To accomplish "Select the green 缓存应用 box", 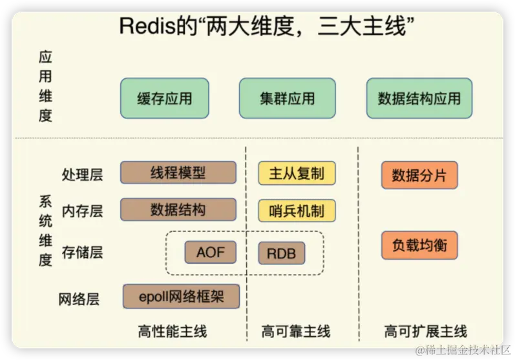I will [x=165, y=98].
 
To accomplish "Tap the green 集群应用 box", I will [x=287, y=98].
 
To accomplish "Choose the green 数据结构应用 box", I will [x=419, y=98].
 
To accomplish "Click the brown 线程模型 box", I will [x=178, y=173].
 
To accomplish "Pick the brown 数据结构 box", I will [x=178, y=210].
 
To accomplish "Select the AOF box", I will [x=211, y=251].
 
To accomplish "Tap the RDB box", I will [x=281, y=253].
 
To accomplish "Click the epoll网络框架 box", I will [x=181, y=297].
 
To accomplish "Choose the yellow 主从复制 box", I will [x=297, y=173].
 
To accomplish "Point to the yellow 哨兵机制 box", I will [x=297, y=211].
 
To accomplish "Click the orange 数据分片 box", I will [x=419, y=175].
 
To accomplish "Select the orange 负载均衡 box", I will [x=419, y=246].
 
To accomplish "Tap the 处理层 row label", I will [x=82, y=174].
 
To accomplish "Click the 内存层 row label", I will [x=82, y=211].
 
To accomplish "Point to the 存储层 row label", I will [x=82, y=252].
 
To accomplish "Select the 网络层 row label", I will [x=79, y=299].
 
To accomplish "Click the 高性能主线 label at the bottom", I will [x=173, y=332].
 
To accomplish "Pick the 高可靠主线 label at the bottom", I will [x=295, y=332].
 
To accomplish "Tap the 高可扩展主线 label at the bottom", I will [x=425, y=332].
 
